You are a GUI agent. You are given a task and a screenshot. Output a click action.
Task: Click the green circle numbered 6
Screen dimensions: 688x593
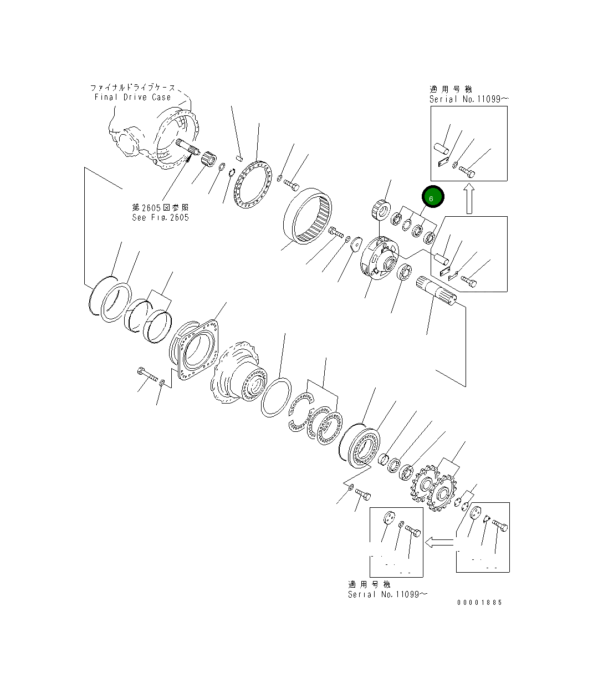[x=433, y=197]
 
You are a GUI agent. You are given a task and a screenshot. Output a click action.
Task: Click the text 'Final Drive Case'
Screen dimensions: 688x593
[x=132, y=97]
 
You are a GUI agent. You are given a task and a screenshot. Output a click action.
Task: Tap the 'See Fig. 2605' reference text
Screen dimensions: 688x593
[x=160, y=217]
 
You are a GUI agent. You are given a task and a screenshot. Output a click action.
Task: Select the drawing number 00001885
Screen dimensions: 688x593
[x=479, y=602]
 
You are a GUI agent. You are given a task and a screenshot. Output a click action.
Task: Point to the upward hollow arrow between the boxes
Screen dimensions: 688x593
[x=469, y=200]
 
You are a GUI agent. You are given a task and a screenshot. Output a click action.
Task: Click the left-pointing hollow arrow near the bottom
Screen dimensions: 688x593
[x=439, y=541]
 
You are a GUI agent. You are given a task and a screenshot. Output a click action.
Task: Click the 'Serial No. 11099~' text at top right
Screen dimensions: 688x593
[x=468, y=99]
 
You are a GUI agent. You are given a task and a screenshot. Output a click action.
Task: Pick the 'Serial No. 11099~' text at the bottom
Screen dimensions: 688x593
[x=387, y=594]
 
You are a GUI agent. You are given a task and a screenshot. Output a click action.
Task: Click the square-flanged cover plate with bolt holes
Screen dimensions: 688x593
[x=195, y=349]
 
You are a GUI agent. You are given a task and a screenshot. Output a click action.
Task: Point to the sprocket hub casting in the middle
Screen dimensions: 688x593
[x=238, y=374]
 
